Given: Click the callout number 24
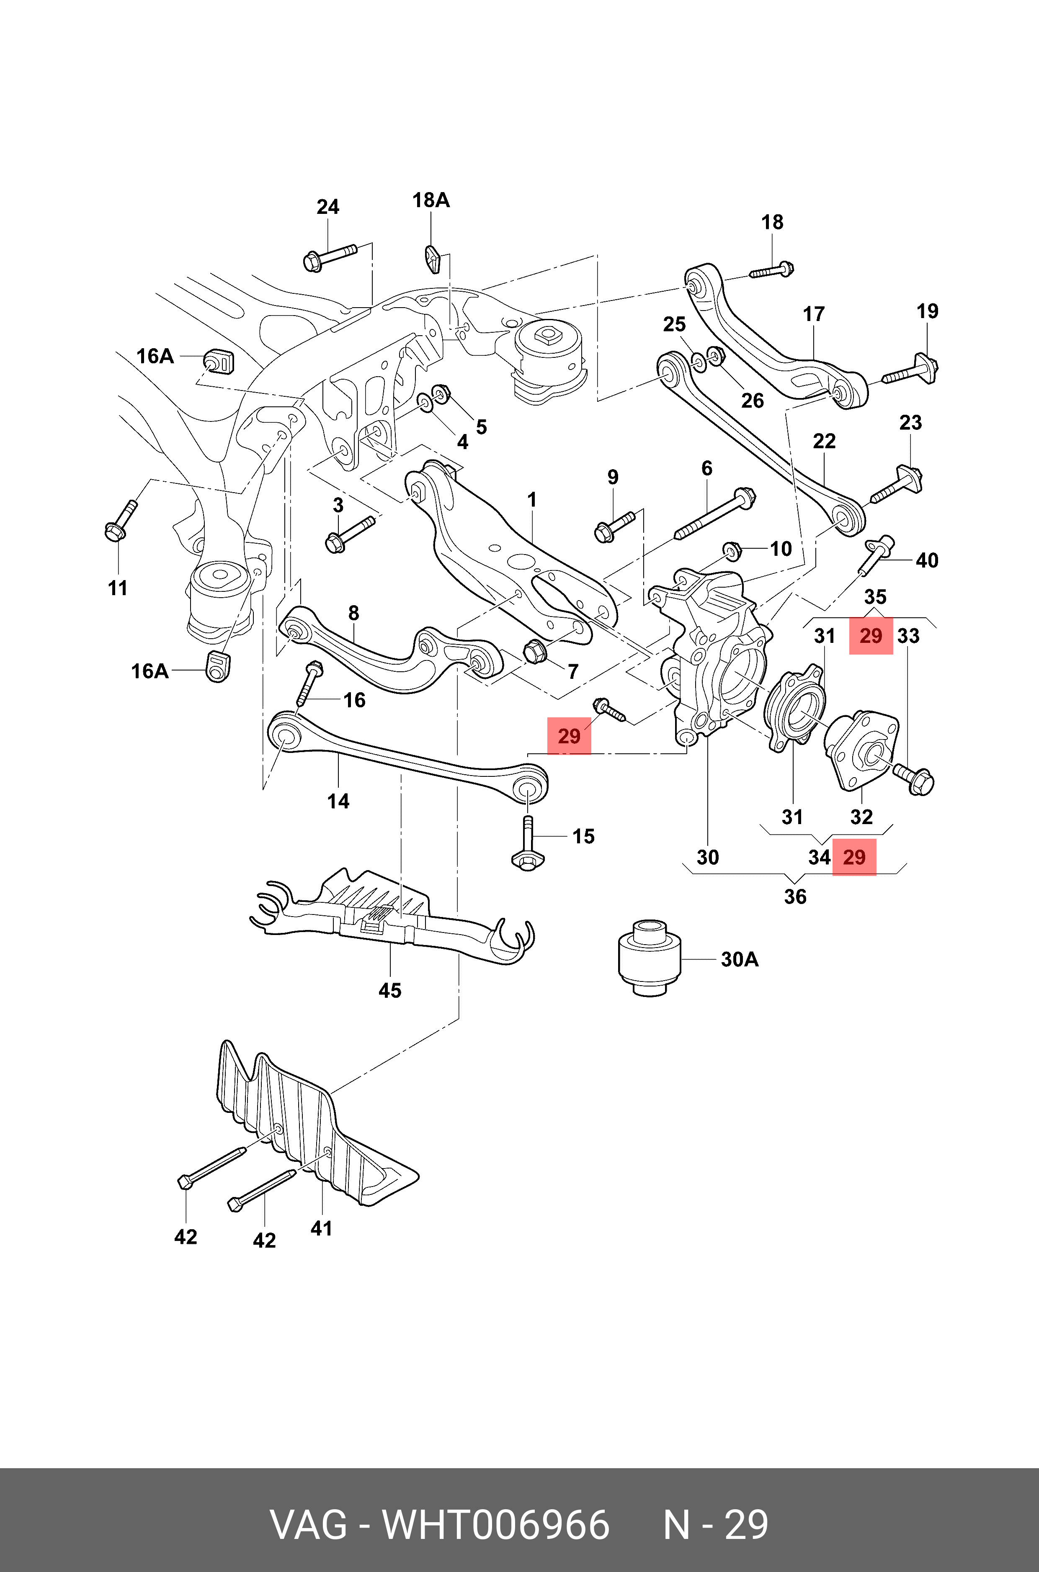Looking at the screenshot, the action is pyautogui.click(x=328, y=207).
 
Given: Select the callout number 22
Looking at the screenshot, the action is pyautogui.click(x=824, y=441).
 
